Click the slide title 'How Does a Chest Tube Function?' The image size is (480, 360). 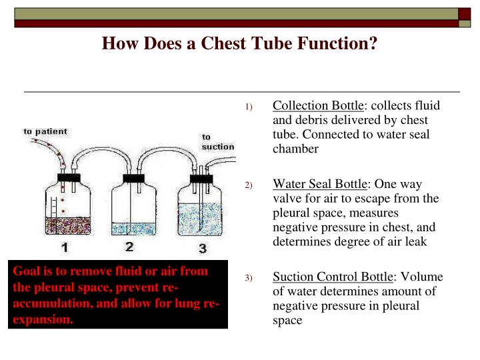coord(239,44)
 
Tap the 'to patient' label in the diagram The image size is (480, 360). coord(46,131)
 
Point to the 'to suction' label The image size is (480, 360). coord(218,142)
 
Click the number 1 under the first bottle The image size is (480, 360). coord(64,249)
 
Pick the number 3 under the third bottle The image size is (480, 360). coord(202,249)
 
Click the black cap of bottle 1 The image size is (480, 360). coord(68,178)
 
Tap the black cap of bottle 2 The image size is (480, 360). coord(134,178)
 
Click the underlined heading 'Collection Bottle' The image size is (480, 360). coord(319,106)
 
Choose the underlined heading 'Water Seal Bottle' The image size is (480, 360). coord(320,183)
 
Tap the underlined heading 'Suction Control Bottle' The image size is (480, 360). coord(334,277)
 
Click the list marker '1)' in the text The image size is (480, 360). coord(249,107)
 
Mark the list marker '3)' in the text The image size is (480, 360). coord(249,277)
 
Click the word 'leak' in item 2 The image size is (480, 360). coord(412,242)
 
